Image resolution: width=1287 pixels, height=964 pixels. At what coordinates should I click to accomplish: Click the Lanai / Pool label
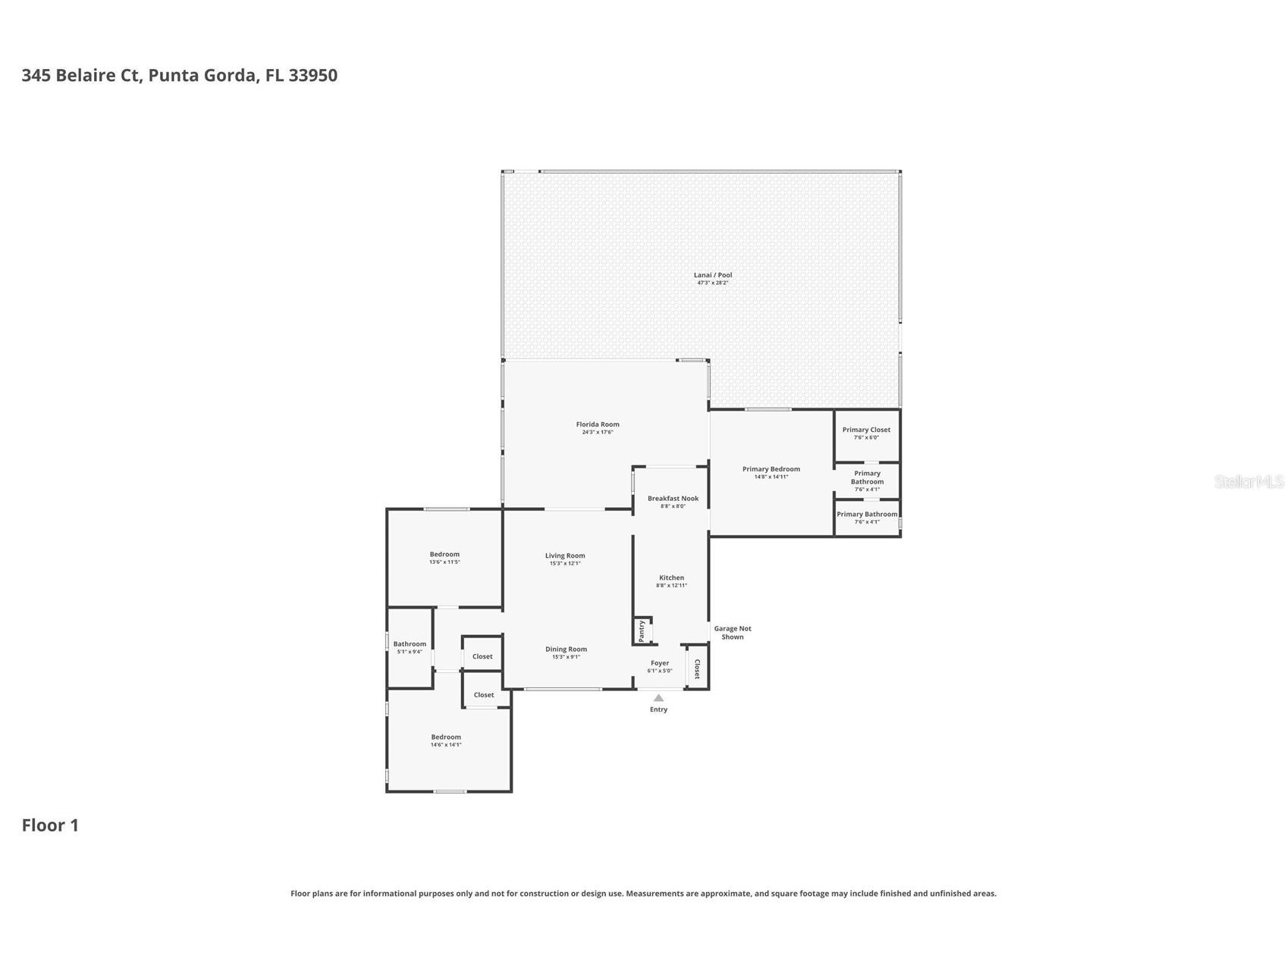712,275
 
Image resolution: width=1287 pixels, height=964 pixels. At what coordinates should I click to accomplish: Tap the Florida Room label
598,424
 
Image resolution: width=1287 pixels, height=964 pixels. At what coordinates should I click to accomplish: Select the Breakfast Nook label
673,499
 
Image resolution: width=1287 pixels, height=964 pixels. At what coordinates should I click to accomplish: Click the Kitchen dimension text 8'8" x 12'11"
671,586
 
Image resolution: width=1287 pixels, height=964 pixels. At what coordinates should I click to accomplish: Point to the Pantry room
642,631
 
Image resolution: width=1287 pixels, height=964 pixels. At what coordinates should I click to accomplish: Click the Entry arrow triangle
658,698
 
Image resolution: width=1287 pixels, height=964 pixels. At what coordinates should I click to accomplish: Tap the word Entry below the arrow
658,710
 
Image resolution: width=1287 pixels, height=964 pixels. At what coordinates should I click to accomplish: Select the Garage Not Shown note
732,633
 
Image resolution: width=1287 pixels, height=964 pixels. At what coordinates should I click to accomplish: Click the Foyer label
659,663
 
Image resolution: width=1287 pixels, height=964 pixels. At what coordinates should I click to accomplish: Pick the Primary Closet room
866,433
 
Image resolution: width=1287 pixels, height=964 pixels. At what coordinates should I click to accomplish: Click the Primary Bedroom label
771,469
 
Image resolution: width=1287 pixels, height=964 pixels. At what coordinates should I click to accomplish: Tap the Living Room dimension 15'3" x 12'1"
565,564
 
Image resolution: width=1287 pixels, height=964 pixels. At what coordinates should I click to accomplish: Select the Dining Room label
566,649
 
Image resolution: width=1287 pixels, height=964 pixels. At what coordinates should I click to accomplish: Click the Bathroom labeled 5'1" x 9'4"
410,647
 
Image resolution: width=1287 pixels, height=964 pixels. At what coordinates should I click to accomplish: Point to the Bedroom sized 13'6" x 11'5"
444,558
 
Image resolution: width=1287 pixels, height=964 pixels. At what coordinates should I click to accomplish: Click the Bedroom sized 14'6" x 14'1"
446,740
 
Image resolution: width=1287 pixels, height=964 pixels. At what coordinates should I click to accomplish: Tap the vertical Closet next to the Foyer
697,668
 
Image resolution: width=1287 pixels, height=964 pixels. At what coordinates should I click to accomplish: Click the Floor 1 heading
50,825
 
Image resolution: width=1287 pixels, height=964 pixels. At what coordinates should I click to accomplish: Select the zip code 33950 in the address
312,75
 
